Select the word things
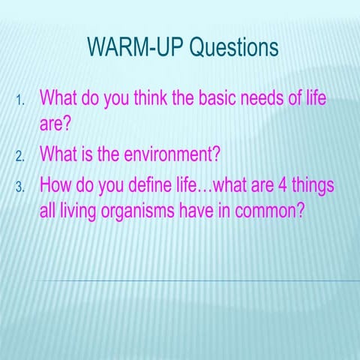click(310, 184)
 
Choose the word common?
click(269, 211)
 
